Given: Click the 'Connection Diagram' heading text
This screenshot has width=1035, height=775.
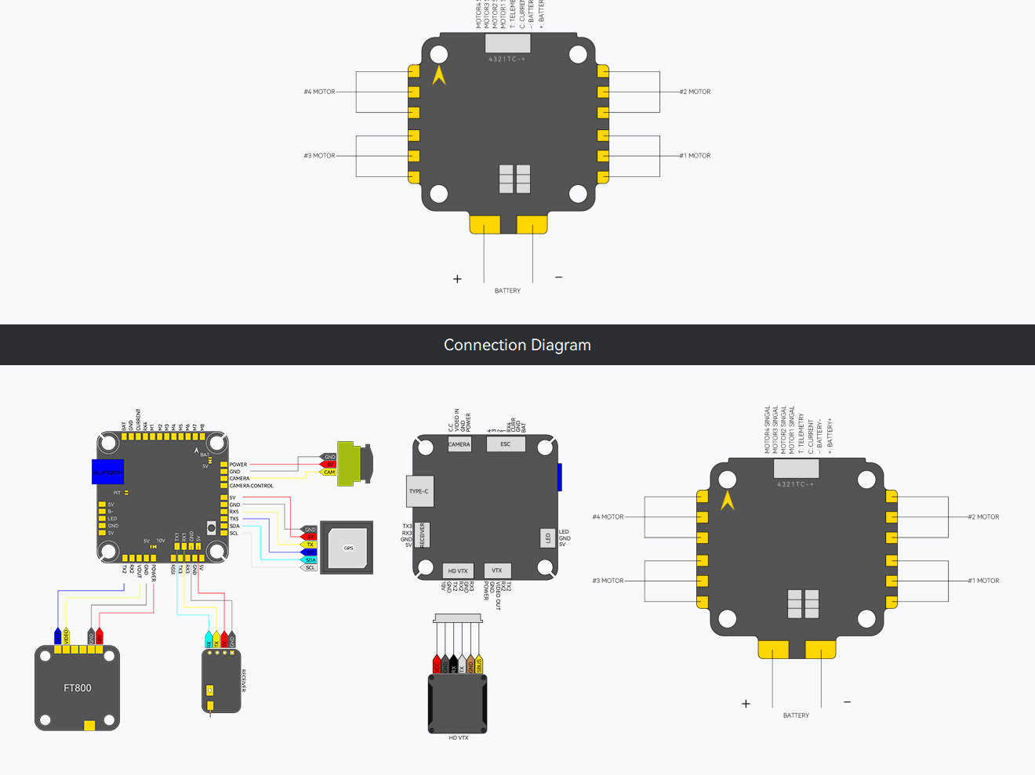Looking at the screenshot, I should pos(517,345).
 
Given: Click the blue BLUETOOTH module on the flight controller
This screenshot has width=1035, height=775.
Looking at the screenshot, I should pos(107,472).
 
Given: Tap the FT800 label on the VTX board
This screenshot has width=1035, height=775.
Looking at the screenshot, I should pos(78,688).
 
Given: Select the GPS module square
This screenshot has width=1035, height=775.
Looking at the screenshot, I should pos(348,548).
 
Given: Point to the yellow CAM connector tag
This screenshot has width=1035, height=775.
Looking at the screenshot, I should pos(329,473).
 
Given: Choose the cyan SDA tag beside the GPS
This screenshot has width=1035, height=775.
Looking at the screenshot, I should pos(310,560).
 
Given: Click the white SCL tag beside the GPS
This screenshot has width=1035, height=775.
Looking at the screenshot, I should pos(310,568).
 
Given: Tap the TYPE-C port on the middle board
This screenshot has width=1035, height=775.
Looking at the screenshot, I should pos(419,491).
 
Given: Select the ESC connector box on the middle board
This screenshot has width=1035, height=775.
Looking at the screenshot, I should pos(506,444).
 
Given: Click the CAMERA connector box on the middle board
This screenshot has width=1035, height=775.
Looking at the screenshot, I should pos(459,444).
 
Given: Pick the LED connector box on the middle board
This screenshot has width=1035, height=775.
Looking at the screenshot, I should pos(548,538).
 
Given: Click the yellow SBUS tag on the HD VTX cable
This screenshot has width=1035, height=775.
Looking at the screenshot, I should pos(479,665).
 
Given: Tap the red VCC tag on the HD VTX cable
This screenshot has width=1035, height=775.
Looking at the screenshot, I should pos(437,665).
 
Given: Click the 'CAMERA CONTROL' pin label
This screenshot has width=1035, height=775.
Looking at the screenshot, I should pos(252,486).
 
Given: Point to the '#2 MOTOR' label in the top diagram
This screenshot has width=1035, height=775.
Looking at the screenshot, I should pos(695,92).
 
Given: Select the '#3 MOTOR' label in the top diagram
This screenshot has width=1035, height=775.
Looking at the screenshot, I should pos(320,156).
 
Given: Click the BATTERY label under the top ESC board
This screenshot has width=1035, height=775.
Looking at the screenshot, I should pos(507,291).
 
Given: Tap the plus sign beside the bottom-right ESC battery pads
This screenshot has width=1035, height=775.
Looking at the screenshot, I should pos(746,704).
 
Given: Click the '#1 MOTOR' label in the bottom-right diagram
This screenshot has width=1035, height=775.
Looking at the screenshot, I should pos(984,581).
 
